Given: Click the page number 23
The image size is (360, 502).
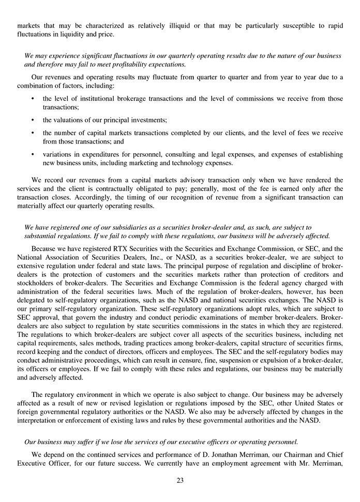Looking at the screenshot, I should (x=180, y=480).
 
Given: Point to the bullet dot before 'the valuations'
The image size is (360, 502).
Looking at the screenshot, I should (x=33, y=120).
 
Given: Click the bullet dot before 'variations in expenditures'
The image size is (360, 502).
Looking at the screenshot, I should (x=33, y=154).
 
